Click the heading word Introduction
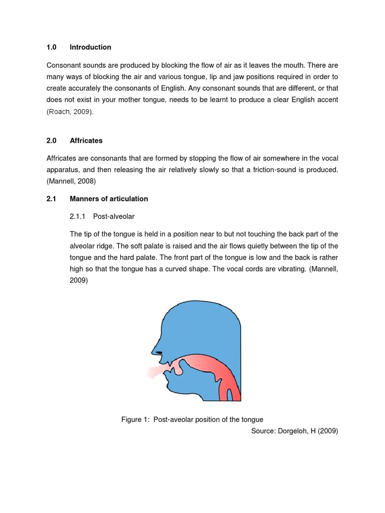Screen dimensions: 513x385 coord(90,47)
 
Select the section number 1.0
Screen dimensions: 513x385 coord(52,47)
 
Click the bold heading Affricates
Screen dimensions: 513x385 coord(86,141)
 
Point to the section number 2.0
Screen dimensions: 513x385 coord(52,141)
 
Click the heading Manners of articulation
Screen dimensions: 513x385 coord(109,199)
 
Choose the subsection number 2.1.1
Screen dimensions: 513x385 coord(78,216)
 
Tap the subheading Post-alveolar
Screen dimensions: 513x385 coord(114,216)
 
